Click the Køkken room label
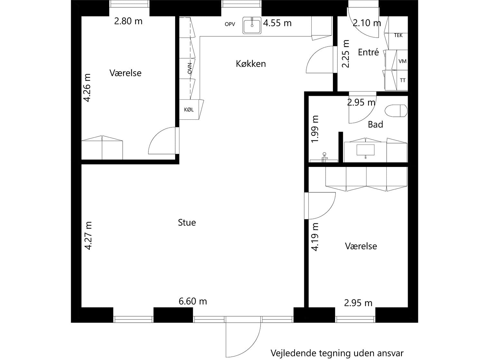(x=251, y=64)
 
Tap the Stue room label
(x=187, y=223)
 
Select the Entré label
(x=368, y=52)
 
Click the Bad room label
(x=375, y=125)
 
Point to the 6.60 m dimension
(x=193, y=301)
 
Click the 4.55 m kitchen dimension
(x=277, y=23)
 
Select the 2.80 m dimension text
(x=128, y=21)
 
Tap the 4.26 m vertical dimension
(x=87, y=88)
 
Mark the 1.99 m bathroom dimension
(x=315, y=129)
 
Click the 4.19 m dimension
(x=315, y=237)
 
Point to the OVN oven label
(x=190, y=68)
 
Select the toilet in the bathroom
(x=396, y=111)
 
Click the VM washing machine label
(x=402, y=61)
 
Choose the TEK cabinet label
(x=398, y=35)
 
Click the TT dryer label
(x=402, y=80)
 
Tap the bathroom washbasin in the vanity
(x=365, y=150)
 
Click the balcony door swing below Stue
(x=242, y=336)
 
